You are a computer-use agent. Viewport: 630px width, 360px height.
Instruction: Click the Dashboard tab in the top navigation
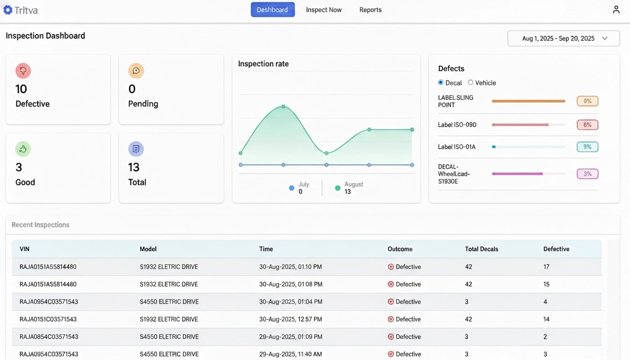click(x=272, y=10)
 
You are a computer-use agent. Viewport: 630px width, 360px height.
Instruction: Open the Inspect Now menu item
click(x=323, y=10)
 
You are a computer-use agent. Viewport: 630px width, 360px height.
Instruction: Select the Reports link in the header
click(x=370, y=10)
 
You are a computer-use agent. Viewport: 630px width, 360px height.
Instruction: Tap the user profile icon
click(x=616, y=10)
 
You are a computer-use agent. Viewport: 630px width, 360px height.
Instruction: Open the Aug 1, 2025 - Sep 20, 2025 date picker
click(x=563, y=38)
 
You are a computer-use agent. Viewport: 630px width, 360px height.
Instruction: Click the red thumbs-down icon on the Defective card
click(x=23, y=71)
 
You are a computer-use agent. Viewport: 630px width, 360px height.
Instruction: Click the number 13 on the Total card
click(x=134, y=167)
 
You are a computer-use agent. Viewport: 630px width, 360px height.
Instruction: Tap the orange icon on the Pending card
click(x=136, y=71)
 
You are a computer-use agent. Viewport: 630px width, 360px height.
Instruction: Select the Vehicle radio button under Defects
click(x=471, y=82)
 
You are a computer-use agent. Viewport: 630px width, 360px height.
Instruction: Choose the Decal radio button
click(x=441, y=82)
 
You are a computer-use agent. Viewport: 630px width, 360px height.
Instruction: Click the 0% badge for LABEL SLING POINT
click(x=587, y=101)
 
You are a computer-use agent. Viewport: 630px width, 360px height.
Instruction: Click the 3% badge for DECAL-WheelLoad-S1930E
click(x=587, y=174)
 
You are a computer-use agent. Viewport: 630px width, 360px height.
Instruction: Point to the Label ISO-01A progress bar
click(x=528, y=147)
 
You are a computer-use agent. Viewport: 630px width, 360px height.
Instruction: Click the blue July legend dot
click(x=292, y=188)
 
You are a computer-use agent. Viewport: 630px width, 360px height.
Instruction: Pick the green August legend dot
click(x=337, y=188)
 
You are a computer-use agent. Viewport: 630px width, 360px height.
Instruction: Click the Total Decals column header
click(x=481, y=249)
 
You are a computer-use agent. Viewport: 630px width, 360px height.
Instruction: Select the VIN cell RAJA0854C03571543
click(x=49, y=337)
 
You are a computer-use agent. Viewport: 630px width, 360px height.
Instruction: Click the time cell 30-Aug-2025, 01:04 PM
click(x=291, y=302)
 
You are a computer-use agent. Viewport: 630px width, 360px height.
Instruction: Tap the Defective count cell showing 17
click(x=546, y=267)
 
